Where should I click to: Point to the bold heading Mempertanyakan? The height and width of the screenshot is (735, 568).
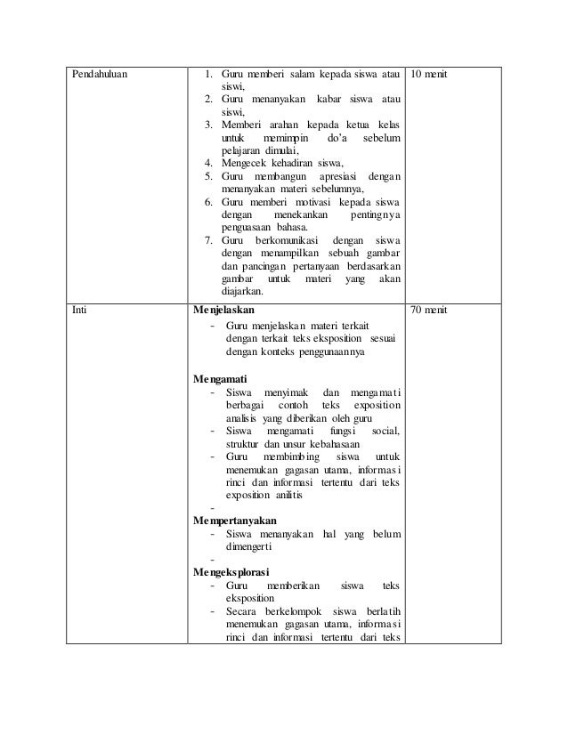235,520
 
